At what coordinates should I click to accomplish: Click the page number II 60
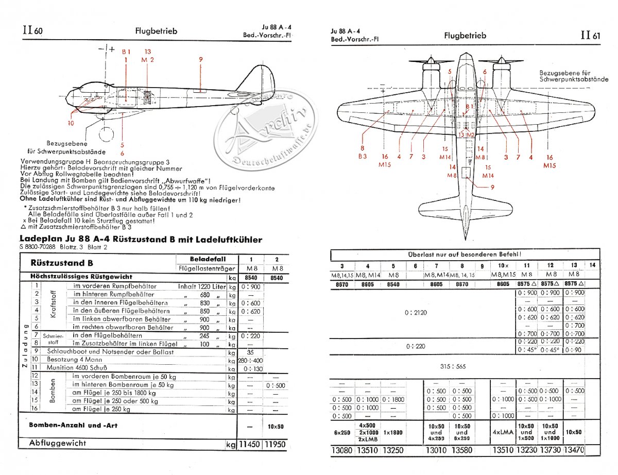click(32, 30)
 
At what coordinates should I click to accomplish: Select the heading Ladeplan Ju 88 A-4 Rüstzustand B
click(140, 240)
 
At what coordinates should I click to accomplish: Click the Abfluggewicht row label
click(58, 443)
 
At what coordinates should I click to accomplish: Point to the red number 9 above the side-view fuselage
click(200, 59)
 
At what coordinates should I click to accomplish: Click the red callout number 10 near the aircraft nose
click(71, 123)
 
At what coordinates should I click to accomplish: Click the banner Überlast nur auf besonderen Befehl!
click(465, 254)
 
